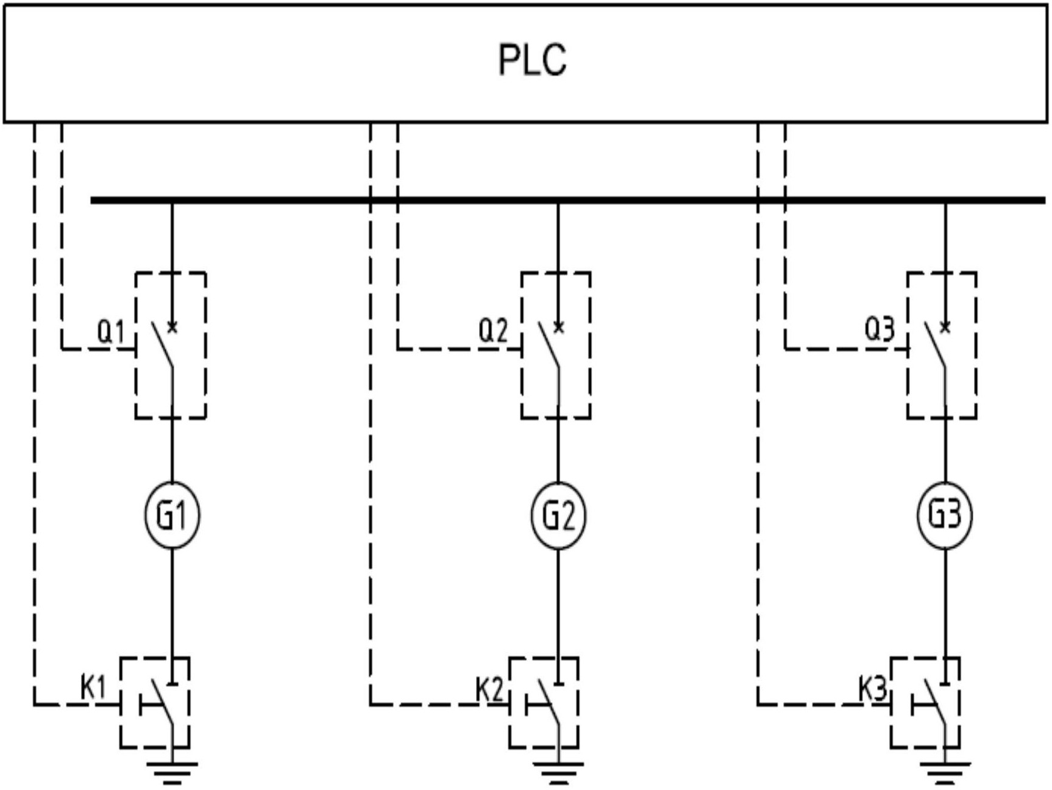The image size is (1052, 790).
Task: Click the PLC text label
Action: coord(533,60)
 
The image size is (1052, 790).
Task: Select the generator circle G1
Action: coord(172,515)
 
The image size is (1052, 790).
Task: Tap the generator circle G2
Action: coord(558,515)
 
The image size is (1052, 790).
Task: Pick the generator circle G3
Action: coord(945,515)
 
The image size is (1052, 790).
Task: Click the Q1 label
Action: coord(111,332)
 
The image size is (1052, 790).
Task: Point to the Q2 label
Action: coord(493,331)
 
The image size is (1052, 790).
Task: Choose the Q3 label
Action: coord(880,330)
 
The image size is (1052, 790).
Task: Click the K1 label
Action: coord(93,688)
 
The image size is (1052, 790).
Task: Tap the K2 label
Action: coord(489,690)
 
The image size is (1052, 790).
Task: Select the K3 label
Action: coord(872,690)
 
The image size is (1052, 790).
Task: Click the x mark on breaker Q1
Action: coord(172,328)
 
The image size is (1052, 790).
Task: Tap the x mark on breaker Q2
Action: coord(558,328)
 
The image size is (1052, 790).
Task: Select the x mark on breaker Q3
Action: coord(945,328)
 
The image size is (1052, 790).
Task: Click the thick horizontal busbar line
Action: coord(568,200)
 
